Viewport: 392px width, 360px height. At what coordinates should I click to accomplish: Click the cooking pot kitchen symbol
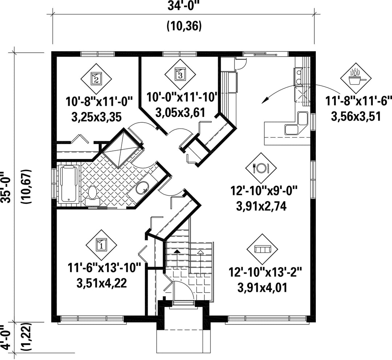coord(356,78)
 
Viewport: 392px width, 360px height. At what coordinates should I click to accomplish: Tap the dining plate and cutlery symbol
coord(261,168)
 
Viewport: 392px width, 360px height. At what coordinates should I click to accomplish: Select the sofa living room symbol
coord(262,249)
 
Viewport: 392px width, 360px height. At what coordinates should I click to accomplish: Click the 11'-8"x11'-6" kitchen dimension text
coord(358,102)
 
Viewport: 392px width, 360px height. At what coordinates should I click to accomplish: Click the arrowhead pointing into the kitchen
coord(264,100)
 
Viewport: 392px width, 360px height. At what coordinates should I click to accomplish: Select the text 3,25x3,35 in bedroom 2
coord(97,117)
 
